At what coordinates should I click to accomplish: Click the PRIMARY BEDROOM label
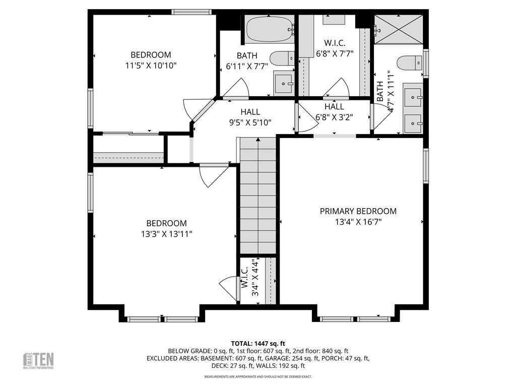tap(358, 211)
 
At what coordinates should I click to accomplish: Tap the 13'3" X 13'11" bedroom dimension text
tap(166, 234)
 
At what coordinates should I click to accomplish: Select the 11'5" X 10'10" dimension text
tap(151, 66)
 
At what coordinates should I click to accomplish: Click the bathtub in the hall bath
tap(269, 29)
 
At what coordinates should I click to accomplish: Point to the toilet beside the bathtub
tap(282, 58)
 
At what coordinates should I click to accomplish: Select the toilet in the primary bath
tap(409, 63)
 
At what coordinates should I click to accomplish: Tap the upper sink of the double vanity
tap(413, 95)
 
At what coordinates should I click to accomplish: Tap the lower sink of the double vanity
tap(413, 122)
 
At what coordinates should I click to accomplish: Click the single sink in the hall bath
tap(284, 82)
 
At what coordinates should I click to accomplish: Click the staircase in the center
tap(257, 197)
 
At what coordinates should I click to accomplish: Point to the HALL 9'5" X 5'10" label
tap(250, 117)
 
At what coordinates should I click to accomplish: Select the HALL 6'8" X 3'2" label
tap(334, 112)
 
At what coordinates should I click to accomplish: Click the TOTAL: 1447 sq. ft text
tap(258, 343)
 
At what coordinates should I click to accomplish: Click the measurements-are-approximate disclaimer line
tap(258, 376)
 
